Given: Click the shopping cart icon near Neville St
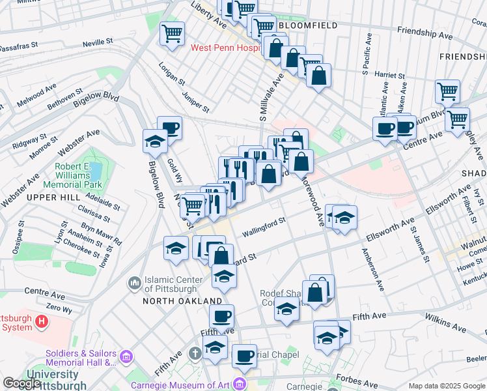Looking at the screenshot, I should click(172, 33).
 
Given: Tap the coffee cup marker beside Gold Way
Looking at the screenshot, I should click(170, 127).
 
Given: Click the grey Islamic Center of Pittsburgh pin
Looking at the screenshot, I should click(135, 283).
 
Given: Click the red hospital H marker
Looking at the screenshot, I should click(42, 321).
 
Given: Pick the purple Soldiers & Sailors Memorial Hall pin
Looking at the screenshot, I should click(126, 357).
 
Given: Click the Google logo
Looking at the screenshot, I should click(21, 383).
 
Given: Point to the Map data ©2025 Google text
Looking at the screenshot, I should click(446, 386).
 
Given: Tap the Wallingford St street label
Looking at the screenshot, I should click(264, 229).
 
